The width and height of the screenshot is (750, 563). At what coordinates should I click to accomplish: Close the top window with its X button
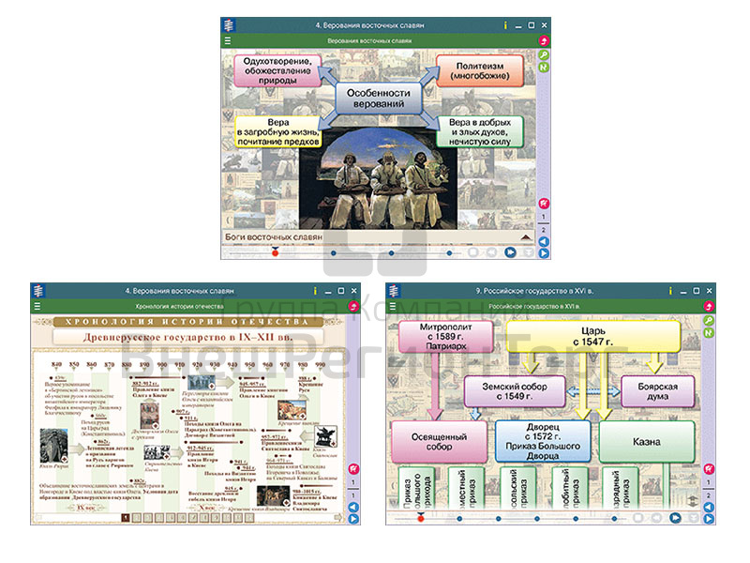[545, 25]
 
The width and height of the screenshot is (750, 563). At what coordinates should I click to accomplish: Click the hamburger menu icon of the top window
[228, 41]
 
